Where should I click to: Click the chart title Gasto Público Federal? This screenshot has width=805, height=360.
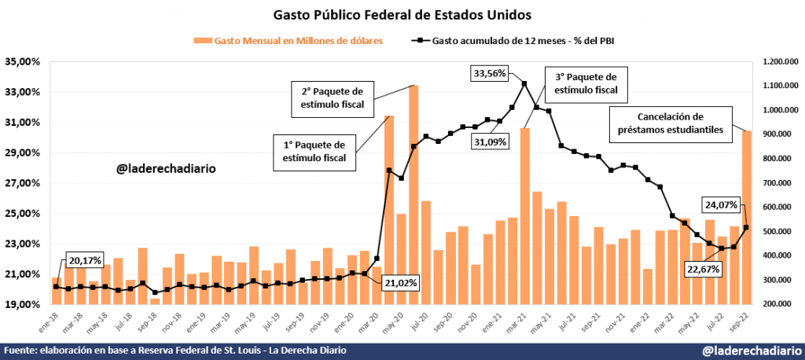tap(402, 14)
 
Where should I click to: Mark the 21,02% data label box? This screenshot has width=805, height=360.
tap(402, 282)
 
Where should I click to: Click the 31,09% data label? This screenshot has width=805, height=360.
tap(489, 141)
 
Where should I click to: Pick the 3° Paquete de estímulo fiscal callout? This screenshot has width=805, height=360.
tap(586, 84)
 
